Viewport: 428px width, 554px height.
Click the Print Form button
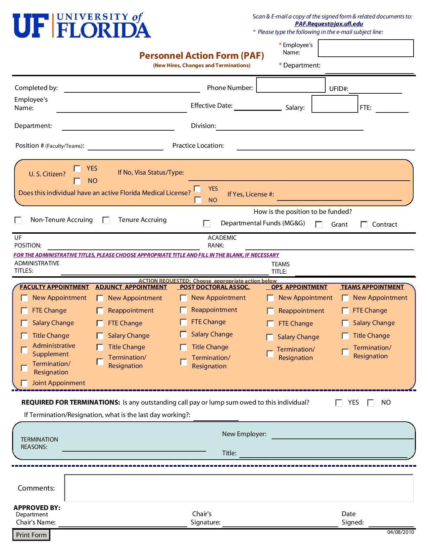point(31,535)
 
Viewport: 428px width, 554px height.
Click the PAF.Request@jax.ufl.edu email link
point(329,24)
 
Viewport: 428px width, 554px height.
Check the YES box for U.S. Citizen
point(78,169)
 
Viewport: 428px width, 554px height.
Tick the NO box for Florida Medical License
point(198,200)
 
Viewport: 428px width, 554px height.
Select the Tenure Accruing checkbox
point(106,220)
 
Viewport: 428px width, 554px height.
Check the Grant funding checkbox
point(319,225)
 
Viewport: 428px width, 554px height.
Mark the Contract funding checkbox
point(364,225)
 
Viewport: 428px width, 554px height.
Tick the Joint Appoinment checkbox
point(24,383)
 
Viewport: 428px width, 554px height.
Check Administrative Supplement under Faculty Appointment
point(24,350)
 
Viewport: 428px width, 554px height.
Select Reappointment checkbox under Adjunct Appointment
point(100,311)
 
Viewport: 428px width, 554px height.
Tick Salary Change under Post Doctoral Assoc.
point(184,334)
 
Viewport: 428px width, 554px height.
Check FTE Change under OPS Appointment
point(271,324)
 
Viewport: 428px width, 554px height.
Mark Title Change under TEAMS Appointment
point(345,336)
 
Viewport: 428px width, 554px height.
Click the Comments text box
point(238,488)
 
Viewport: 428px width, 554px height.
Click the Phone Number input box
point(291,85)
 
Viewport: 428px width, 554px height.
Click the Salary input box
point(334,104)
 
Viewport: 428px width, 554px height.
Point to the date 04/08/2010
point(400,532)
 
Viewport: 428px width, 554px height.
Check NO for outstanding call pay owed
point(371,403)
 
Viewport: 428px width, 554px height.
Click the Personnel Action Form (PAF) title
point(202,56)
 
